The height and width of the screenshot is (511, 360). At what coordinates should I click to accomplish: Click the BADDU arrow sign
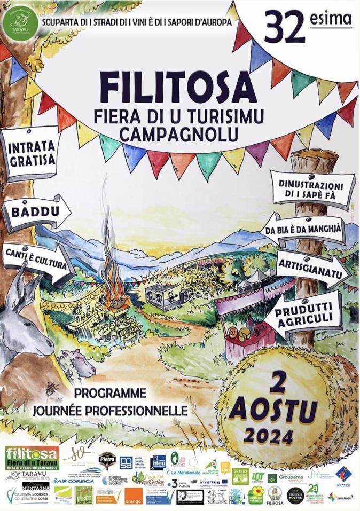point(35,213)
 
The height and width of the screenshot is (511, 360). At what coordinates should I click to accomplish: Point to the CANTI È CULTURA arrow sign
point(36,264)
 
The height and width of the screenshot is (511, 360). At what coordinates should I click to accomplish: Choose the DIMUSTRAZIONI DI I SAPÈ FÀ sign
point(312,189)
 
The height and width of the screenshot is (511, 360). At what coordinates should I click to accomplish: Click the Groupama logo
point(291,476)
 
